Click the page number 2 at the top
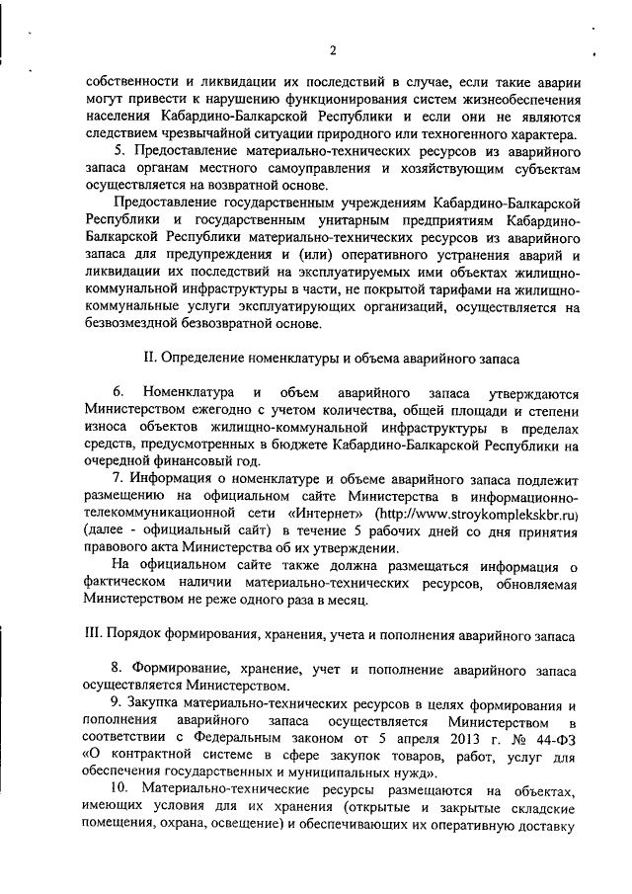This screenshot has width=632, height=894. coord(334,50)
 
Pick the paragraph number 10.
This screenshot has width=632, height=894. coord(118,790)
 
